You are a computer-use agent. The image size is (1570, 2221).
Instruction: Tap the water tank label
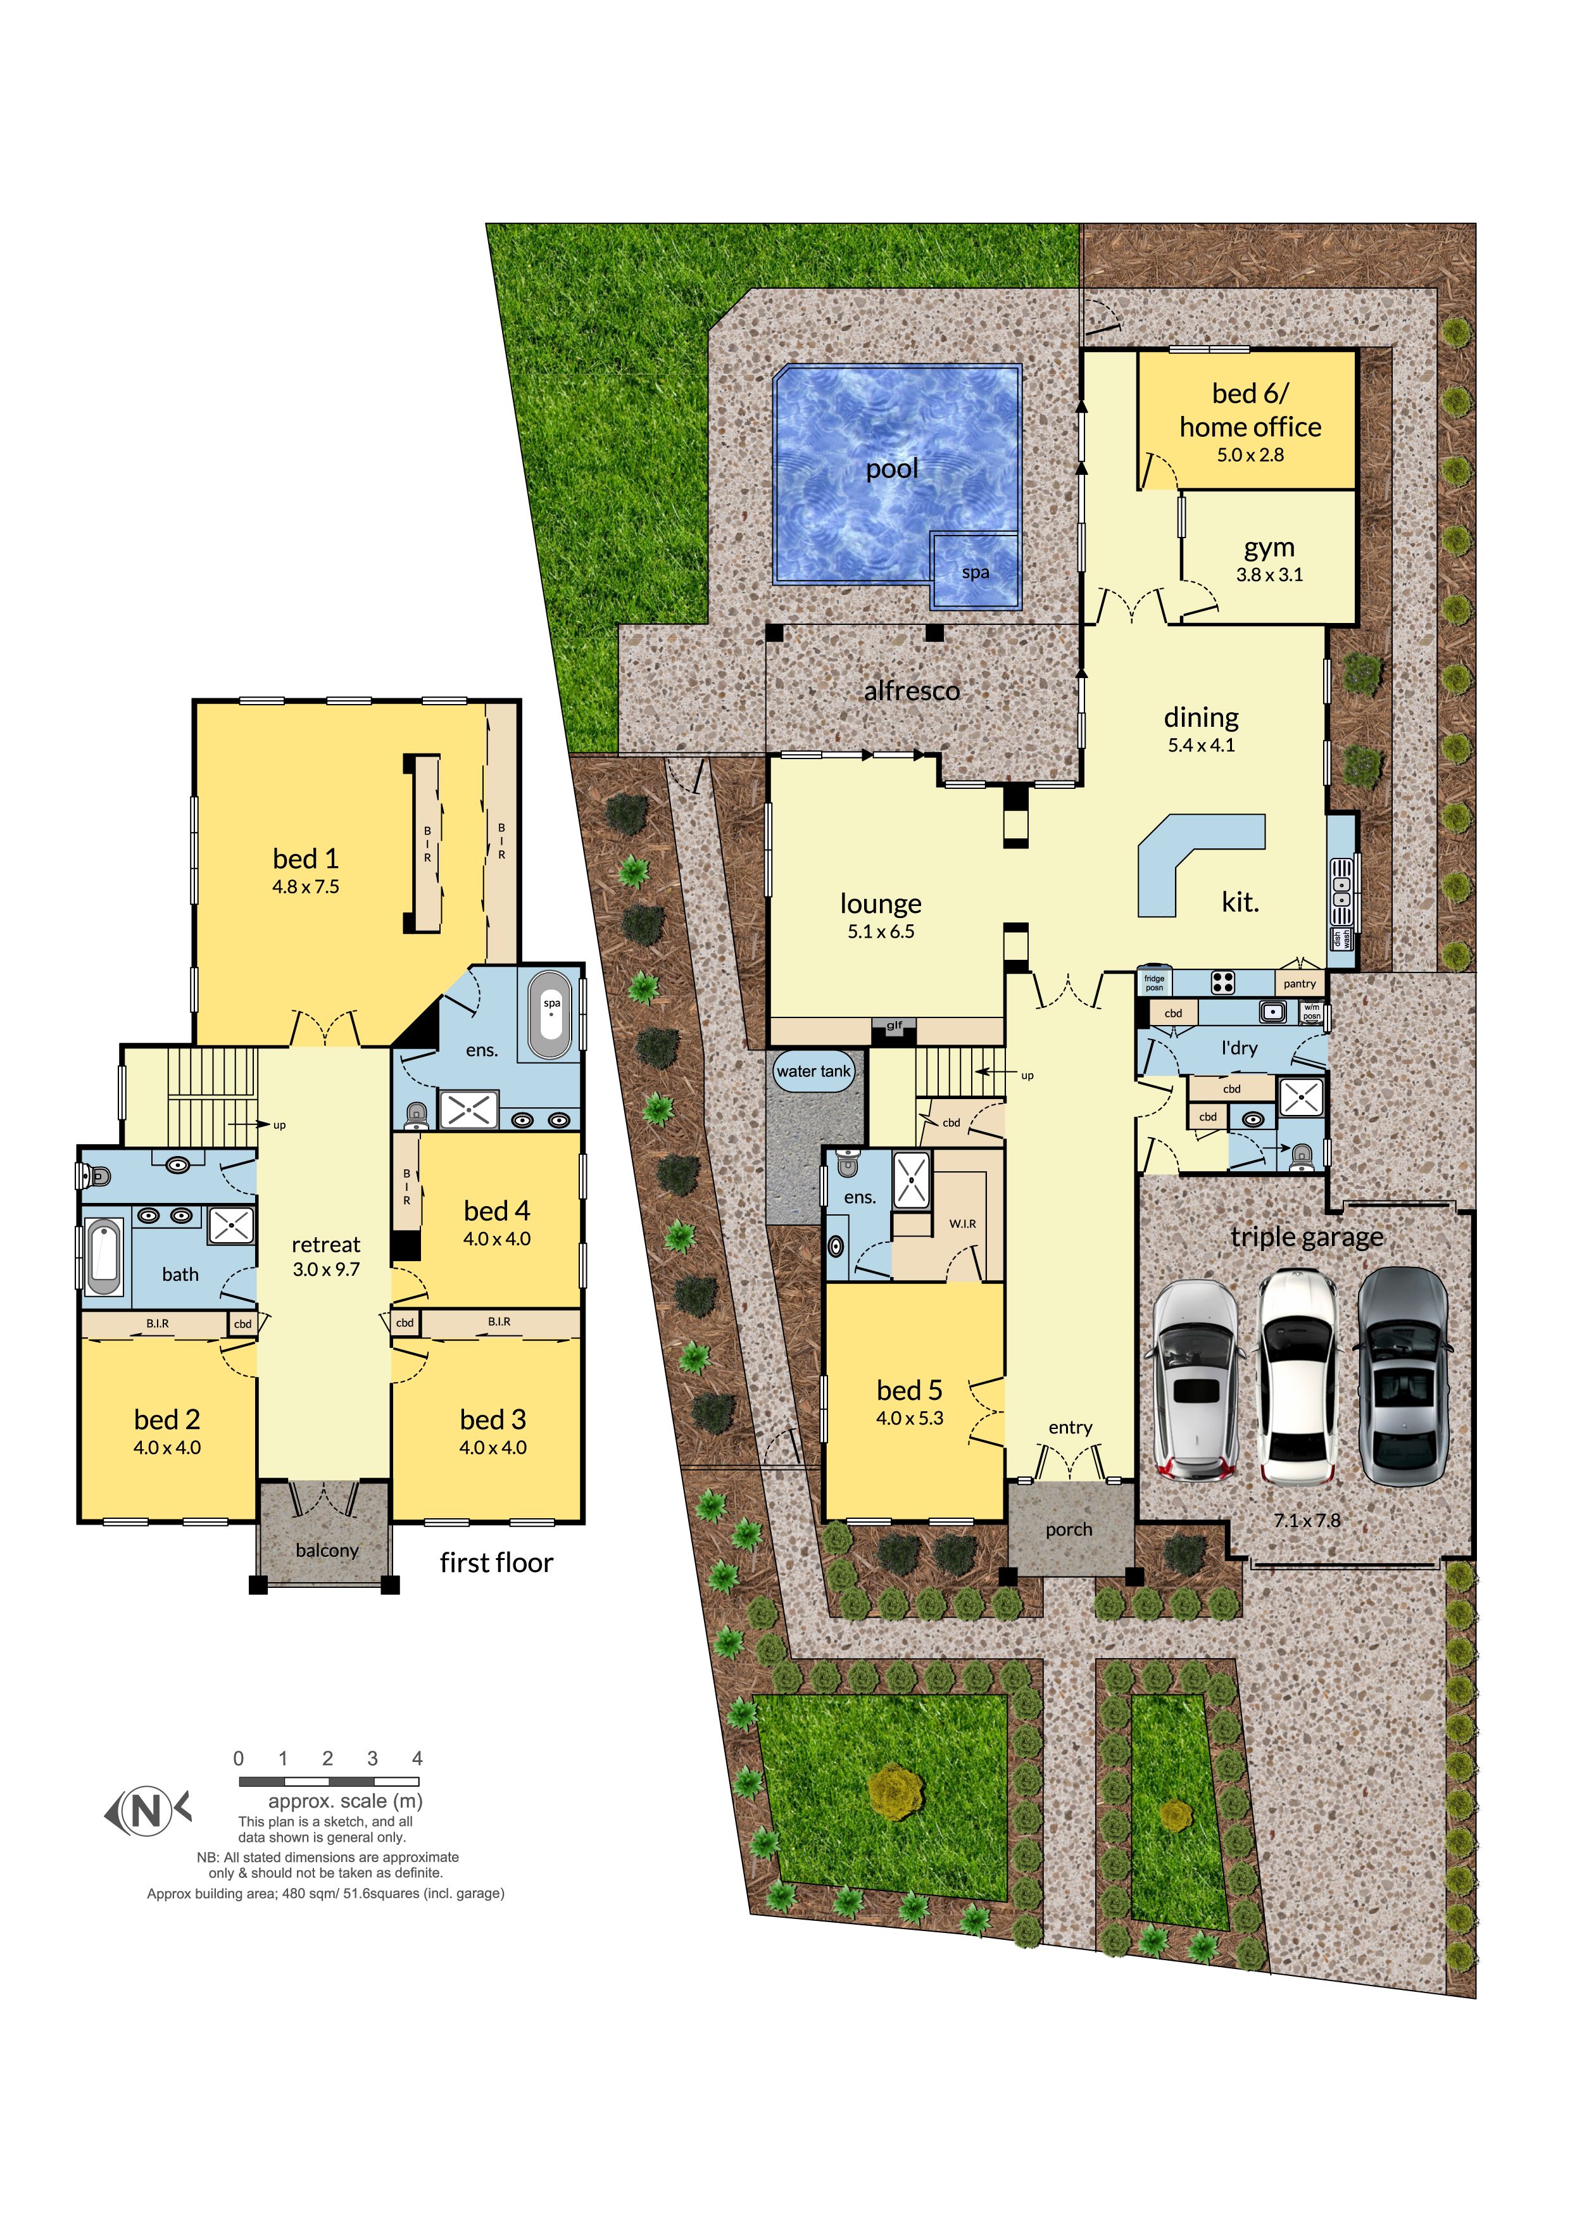point(813,1071)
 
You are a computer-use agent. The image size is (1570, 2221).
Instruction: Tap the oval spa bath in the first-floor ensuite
point(551,1017)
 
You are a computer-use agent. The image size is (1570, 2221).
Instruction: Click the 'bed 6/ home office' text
point(1250,410)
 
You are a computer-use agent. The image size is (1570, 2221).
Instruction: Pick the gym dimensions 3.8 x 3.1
point(1269,575)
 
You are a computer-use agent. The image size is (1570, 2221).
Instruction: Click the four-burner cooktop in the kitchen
point(1222,983)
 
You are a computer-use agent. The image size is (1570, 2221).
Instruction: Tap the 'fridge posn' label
point(1154,983)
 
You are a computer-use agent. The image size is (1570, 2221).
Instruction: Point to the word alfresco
point(911,691)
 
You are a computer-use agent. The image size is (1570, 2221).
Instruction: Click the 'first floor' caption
point(496,1563)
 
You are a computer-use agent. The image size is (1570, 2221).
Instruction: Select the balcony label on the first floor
point(327,1550)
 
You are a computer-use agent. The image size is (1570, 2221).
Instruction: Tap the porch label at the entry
point(1068,1530)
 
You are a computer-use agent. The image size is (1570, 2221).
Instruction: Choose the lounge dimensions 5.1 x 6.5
point(881,931)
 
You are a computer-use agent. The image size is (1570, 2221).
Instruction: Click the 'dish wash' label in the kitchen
point(1341,938)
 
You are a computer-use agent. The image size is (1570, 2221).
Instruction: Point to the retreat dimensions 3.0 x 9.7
point(326,1269)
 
